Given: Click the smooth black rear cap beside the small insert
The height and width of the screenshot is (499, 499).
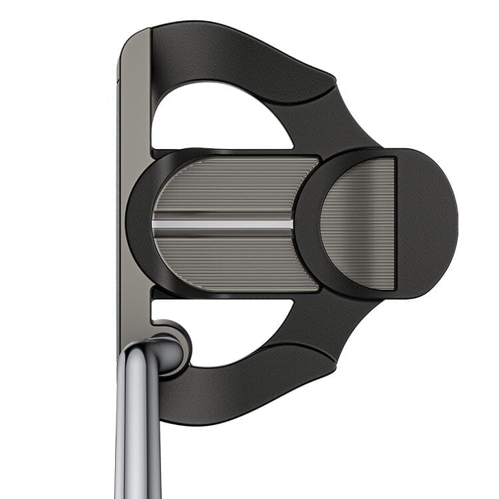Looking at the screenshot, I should (426, 223).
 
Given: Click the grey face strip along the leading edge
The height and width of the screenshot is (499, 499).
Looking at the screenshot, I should (133, 200).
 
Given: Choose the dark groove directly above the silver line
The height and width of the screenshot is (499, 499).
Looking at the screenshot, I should (223, 214).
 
